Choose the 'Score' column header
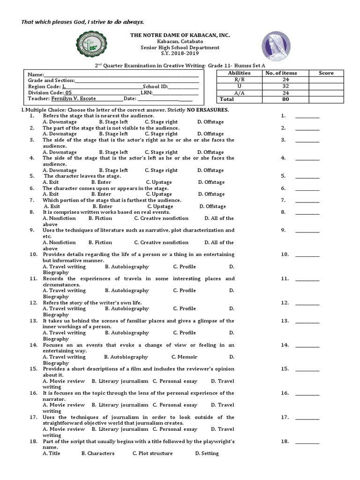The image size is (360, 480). [326, 73]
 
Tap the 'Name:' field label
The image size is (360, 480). [36, 75]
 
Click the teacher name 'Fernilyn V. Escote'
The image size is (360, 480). [70, 99]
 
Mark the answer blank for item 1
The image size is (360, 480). [307, 116]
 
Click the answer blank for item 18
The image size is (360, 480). [307, 442]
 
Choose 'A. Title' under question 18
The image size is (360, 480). [52, 454]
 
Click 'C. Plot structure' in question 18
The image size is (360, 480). [152, 454]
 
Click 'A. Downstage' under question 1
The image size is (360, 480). [60, 122]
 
